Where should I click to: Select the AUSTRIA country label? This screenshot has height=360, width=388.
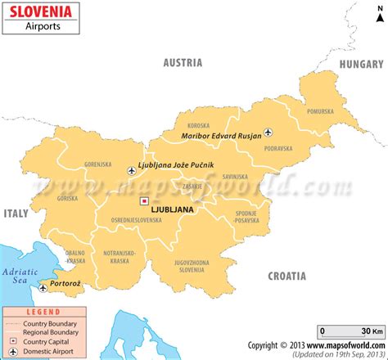(x=183, y=62)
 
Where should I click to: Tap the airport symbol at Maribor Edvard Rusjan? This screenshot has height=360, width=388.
(x=268, y=132)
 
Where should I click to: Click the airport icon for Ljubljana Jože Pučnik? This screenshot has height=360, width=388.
(x=133, y=170)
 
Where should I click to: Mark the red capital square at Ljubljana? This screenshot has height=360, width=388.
(x=144, y=200)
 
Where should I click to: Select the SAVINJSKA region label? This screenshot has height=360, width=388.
(x=235, y=176)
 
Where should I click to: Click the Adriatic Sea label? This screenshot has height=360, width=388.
(x=15, y=274)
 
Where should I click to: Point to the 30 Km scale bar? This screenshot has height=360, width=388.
(x=350, y=331)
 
